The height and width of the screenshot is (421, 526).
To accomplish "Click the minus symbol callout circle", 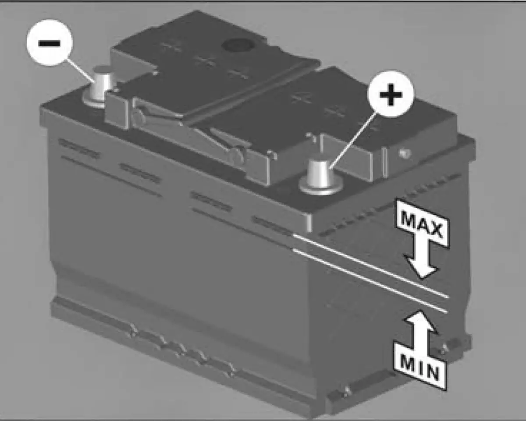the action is tap(50, 43).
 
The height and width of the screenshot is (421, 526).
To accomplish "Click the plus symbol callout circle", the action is tap(391, 94).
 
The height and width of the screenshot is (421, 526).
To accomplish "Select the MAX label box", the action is tap(423, 223).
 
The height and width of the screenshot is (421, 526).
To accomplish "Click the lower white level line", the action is tap(370, 281).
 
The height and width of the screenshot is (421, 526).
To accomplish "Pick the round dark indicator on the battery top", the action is tap(237, 45).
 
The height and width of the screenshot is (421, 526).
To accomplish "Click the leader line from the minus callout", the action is tap(80, 71).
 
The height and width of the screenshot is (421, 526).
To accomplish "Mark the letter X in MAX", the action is tap(435, 231).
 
